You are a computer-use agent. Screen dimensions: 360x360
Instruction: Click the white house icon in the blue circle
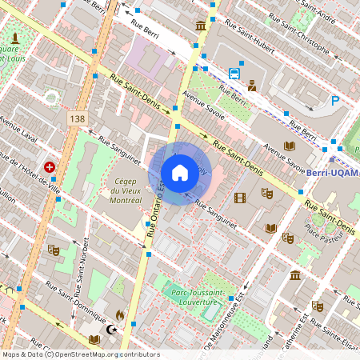point(180,173)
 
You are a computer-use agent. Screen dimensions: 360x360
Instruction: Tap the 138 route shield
point(77,118)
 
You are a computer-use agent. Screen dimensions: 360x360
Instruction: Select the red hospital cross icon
point(50,167)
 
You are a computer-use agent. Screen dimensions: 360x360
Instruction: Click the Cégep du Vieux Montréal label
point(123,190)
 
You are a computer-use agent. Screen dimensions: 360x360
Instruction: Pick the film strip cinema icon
point(240,198)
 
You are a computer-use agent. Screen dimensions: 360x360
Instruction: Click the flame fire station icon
point(120,315)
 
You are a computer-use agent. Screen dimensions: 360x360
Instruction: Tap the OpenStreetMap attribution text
point(81,354)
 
